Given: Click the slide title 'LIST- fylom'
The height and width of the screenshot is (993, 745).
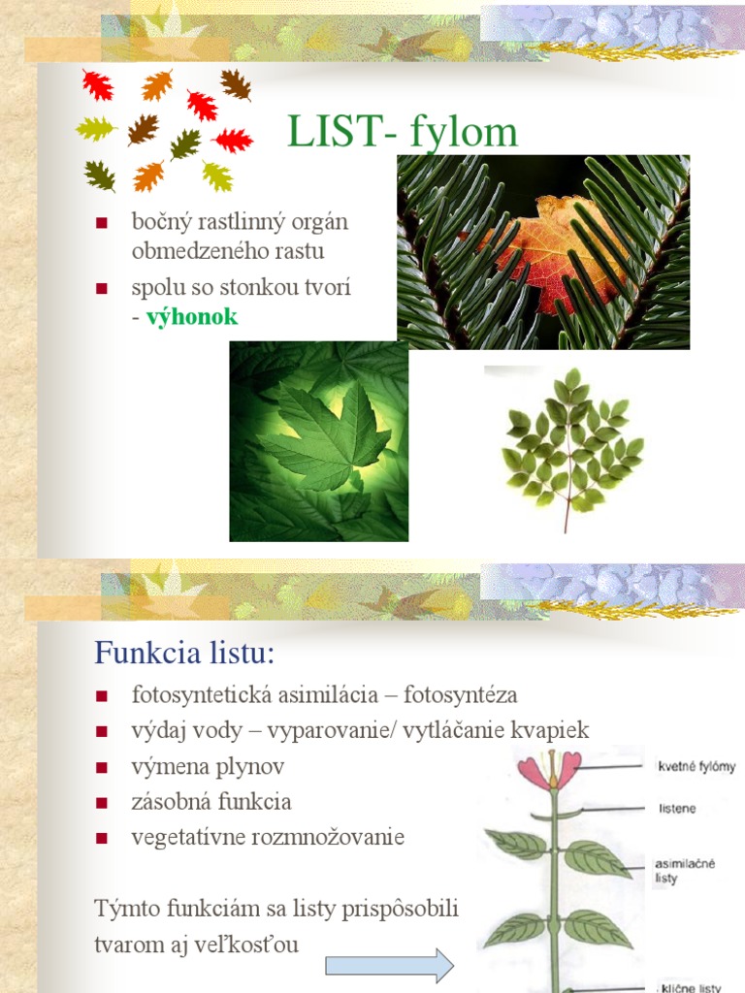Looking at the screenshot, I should click(403, 133).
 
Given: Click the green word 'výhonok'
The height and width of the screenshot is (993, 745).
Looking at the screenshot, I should click(192, 317).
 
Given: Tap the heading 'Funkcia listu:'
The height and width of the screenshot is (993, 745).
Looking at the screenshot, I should click(184, 653).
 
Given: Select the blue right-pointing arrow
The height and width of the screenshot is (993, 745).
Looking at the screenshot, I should click(389, 966).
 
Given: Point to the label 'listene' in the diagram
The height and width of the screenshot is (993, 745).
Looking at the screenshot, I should click(677, 809).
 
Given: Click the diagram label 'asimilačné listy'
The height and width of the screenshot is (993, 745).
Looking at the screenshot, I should click(685, 871).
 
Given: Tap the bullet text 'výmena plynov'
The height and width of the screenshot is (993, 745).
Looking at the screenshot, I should click(208, 766).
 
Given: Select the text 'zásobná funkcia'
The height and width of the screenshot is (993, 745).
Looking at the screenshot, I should click(211, 802).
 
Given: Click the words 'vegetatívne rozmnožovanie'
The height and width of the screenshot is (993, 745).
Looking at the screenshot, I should click(268, 837).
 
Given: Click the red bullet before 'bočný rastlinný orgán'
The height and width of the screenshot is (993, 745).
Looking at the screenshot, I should click(102, 223).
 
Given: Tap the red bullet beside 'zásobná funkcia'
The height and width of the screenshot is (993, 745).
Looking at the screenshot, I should click(102, 803).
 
